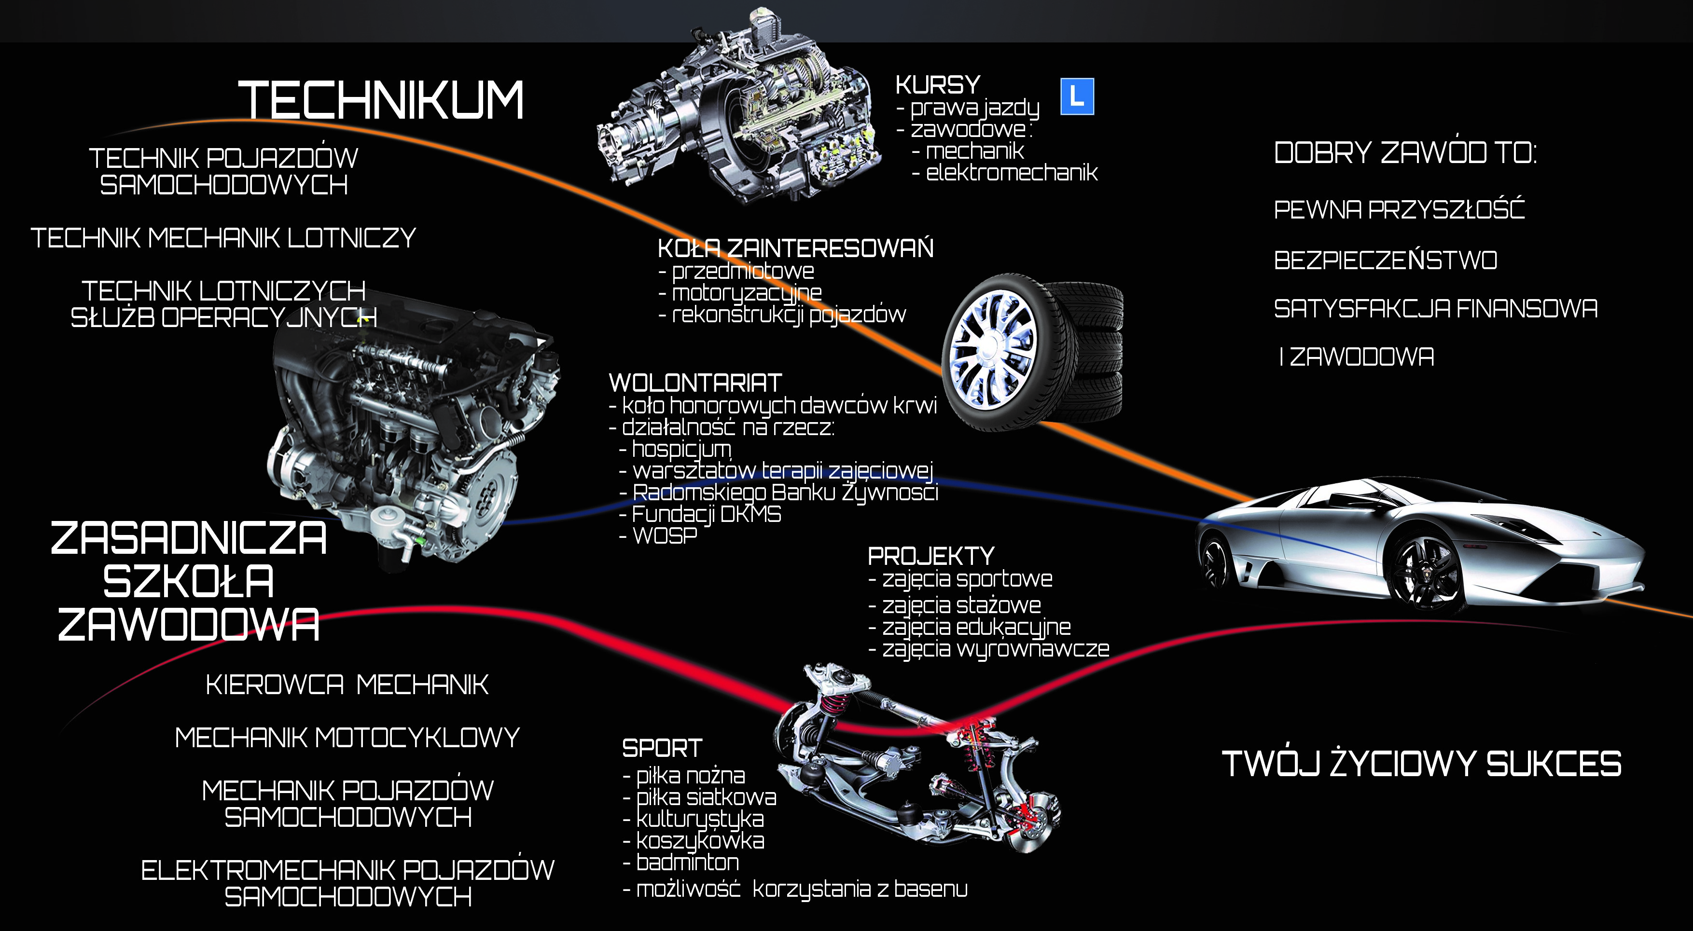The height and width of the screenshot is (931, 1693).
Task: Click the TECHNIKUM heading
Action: pyautogui.click(x=381, y=100)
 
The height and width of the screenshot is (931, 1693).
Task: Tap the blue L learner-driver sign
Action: pyautogui.click(x=1077, y=96)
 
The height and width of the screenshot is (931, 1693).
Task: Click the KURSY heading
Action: pyautogui.click(x=938, y=85)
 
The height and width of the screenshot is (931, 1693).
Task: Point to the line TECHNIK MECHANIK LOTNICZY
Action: pyautogui.click(x=223, y=238)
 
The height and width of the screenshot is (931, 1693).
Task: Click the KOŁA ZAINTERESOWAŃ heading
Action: pyautogui.click(x=795, y=248)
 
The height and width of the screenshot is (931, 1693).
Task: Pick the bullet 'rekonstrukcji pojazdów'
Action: pyautogui.click(x=789, y=315)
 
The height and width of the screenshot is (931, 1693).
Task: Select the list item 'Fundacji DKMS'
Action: pyautogui.click(x=707, y=514)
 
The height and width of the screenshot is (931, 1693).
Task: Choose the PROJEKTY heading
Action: pyautogui.click(x=930, y=556)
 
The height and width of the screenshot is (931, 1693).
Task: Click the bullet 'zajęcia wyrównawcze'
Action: pyautogui.click(x=996, y=649)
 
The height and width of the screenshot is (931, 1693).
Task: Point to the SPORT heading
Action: pyautogui.click(x=662, y=748)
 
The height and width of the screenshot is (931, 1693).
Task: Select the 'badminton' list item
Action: pyautogui.click(x=687, y=862)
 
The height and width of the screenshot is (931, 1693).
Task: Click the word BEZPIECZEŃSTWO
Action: pyautogui.click(x=1386, y=260)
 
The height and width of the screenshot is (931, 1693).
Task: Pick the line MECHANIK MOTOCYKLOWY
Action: pyautogui.click(x=347, y=737)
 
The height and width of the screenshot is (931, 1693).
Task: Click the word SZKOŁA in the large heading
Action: pyautogui.click(x=189, y=581)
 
